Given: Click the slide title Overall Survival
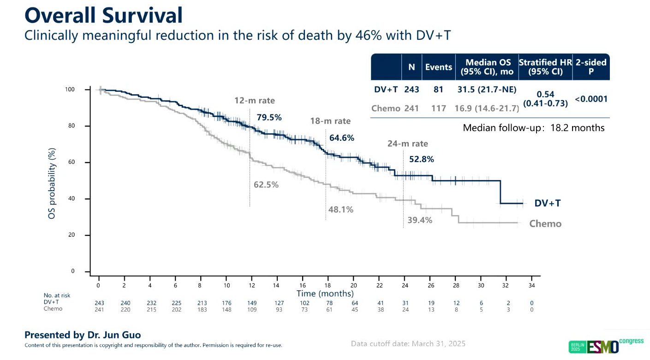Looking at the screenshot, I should tap(103, 16).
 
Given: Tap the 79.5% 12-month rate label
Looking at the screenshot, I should tap(269, 118).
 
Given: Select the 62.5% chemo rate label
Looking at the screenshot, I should tap(266, 185).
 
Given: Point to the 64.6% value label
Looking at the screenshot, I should tap(342, 138).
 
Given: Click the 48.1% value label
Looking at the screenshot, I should tap(340, 210).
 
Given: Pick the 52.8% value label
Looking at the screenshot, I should tap(422, 159).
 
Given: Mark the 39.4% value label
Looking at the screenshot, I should tap(420, 220).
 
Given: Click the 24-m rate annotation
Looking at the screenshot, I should tap(407, 144).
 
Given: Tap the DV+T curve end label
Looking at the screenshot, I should tap(548, 203).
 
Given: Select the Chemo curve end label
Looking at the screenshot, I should tap(545, 224).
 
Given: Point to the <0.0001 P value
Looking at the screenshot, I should tap(591, 99).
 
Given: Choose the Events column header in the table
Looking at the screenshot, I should tap(438, 67).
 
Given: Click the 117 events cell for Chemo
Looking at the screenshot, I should tap(438, 108).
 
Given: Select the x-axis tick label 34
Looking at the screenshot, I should tap(531, 286).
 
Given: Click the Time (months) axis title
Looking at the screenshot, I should tap(325, 294).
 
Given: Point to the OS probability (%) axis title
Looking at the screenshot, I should tap(52, 183).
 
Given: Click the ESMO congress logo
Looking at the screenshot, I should tap(606, 346).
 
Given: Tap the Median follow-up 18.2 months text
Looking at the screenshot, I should tap(533, 128).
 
